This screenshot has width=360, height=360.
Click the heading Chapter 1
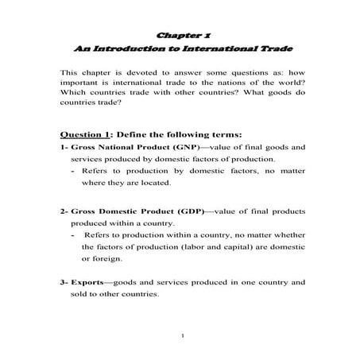[x=179, y=35]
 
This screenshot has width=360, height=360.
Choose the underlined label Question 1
[x=86, y=134]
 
